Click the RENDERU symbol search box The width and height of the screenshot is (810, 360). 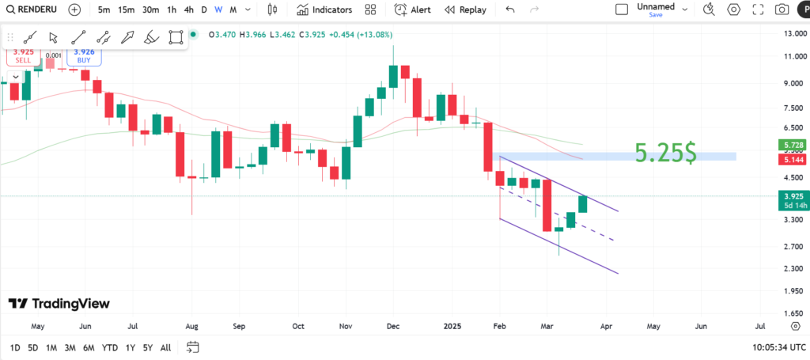(x=34, y=9)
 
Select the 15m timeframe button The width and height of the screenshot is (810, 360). (x=126, y=9)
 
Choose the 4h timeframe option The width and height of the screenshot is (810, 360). (x=188, y=9)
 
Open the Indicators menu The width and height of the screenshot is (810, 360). (x=324, y=9)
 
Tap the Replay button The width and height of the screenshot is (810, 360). (x=465, y=9)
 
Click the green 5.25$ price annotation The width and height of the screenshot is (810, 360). (x=666, y=153)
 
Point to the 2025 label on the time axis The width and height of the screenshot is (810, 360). (x=452, y=325)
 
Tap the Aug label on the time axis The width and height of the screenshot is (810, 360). (x=191, y=325)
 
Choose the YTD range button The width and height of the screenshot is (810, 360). (x=110, y=348)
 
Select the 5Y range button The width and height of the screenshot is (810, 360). (x=148, y=348)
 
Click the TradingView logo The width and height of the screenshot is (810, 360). (x=59, y=304)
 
